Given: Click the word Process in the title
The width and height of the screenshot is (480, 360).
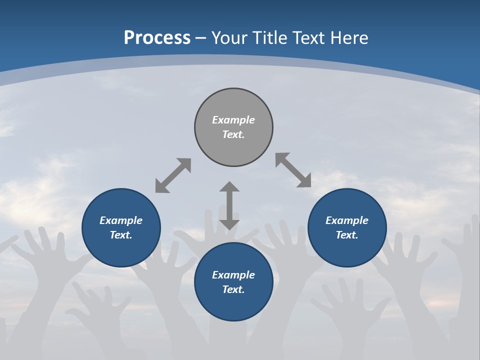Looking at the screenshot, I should pyautogui.click(x=157, y=38).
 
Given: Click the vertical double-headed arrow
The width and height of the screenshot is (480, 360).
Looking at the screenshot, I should pyautogui.click(x=229, y=205).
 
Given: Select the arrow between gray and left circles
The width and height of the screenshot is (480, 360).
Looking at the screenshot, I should pyautogui.click(x=173, y=175).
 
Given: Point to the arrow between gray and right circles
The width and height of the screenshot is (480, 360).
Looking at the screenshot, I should pyautogui.click(x=293, y=170).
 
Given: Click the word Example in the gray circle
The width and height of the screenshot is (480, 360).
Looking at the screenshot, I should pyautogui.click(x=233, y=120).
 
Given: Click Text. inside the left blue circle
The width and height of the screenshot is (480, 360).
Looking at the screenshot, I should pyautogui.click(x=121, y=235).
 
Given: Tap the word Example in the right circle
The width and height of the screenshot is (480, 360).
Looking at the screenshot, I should pyautogui.click(x=347, y=220).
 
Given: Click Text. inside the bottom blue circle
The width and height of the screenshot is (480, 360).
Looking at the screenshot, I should pyautogui.click(x=233, y=289).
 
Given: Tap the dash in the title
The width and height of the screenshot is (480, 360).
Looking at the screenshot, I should pyautogui.click(x=201, y=38).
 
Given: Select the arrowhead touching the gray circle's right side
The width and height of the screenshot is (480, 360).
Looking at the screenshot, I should pyautogui.click(x=282, y=159).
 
